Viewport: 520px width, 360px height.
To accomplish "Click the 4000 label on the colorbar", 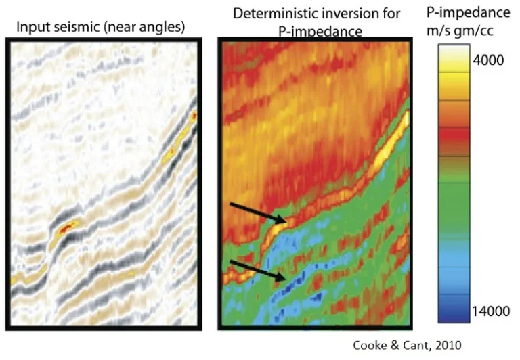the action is [x=488, y=60].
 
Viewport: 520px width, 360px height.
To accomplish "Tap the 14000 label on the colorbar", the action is [x=491, y=311].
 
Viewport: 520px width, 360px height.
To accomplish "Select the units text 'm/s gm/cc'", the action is [x=460, y=31].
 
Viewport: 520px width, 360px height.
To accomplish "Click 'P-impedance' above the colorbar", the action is [x=469, y=13].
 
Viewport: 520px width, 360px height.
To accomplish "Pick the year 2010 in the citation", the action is [x=448, y=345].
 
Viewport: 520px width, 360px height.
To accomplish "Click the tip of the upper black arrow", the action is [x=286, y=222].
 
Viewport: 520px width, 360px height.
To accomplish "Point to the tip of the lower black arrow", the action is [x=286, y=279].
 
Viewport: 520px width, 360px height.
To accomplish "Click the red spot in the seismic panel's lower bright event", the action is [x=66, y=228].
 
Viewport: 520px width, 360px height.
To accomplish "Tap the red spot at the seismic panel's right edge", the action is [x=194, y=116].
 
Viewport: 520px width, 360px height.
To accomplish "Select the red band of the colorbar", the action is [x=454, y=137].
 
